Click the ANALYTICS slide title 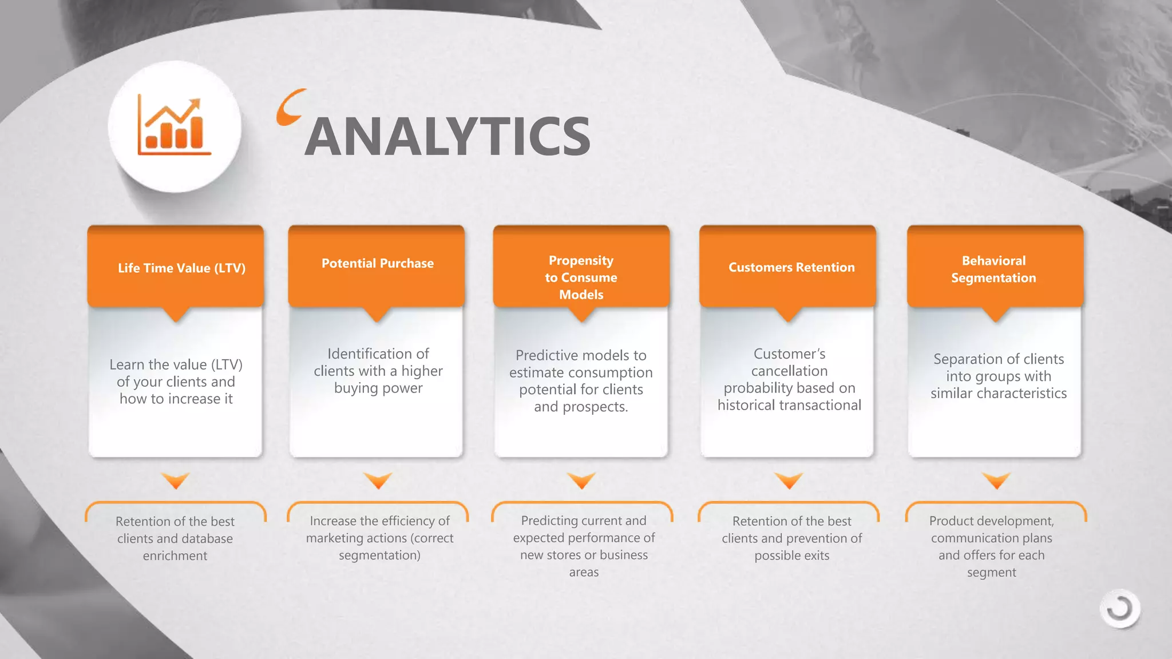(447, 136)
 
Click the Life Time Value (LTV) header (181, 268)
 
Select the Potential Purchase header (378, 263)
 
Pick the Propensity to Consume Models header (581, 277)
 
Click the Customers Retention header (791, 267)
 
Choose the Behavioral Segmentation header (993, 269)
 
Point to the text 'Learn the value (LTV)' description (176, 382)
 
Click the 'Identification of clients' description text (378, 371)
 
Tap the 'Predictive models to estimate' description (581, 380)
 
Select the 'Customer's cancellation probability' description (789, 379)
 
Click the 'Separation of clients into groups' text (999, 376)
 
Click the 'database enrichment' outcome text (175, 538)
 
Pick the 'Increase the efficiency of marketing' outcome (379, 538)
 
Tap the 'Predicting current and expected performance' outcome (584, 546)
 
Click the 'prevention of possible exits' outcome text (791, 538)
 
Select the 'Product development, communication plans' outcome (991, 546)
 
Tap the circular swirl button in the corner (1119, 609)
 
